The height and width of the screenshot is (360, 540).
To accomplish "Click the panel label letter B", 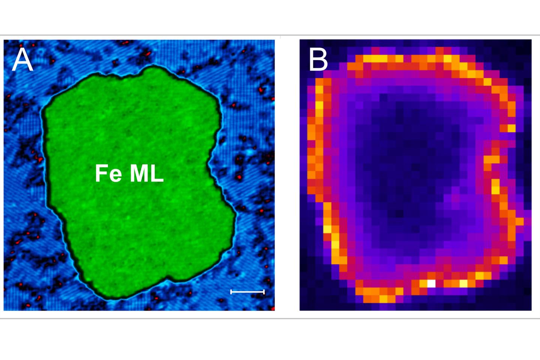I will coord(318,59).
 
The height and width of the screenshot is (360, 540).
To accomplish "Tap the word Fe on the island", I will coord(108,173).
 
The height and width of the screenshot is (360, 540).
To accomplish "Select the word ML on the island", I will coord(146,173).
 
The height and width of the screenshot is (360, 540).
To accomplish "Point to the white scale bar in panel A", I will coord(247,292).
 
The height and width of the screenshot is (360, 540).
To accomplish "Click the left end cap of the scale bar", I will coord(231,292).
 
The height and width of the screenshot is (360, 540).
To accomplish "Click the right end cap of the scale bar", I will coord(264,292).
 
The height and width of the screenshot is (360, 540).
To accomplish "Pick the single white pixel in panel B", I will coord(431,283).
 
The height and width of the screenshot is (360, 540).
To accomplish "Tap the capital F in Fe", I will coord(101,173).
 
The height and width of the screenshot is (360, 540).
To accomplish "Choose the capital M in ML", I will coord(139,173).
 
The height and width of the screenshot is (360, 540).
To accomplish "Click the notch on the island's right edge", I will coord(208,164).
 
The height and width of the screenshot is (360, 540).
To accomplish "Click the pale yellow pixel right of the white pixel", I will coord(463,283).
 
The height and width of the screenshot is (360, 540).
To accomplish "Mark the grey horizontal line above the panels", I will coord(270,35).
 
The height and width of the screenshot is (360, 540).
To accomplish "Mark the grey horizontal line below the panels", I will coord(270,318).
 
